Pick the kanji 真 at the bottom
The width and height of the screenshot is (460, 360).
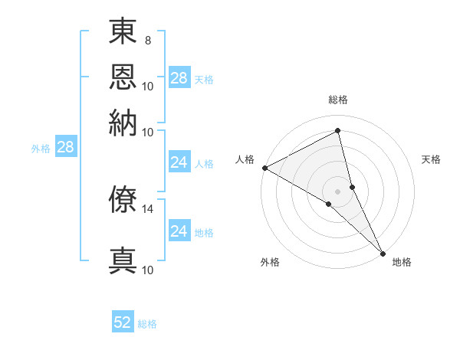[123, 259]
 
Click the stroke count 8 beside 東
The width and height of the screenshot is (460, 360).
[147, 40]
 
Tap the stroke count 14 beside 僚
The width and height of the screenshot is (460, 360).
[149, 208]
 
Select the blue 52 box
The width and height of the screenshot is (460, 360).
[123, 322]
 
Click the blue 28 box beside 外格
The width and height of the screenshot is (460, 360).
[65, 148]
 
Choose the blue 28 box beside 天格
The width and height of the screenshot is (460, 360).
[179, 77]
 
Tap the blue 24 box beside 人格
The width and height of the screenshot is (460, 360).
[179, 162]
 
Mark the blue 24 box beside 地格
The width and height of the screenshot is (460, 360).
[179, 231]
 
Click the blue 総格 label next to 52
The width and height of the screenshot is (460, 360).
[147, 324]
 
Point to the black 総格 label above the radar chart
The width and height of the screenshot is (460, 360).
[338, 100]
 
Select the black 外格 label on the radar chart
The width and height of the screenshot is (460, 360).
[270, 262]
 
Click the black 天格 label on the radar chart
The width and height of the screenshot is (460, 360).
[432, 159]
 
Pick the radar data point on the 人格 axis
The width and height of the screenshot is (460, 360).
[264, 168]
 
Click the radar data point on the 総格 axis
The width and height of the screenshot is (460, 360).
[338, 131]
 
